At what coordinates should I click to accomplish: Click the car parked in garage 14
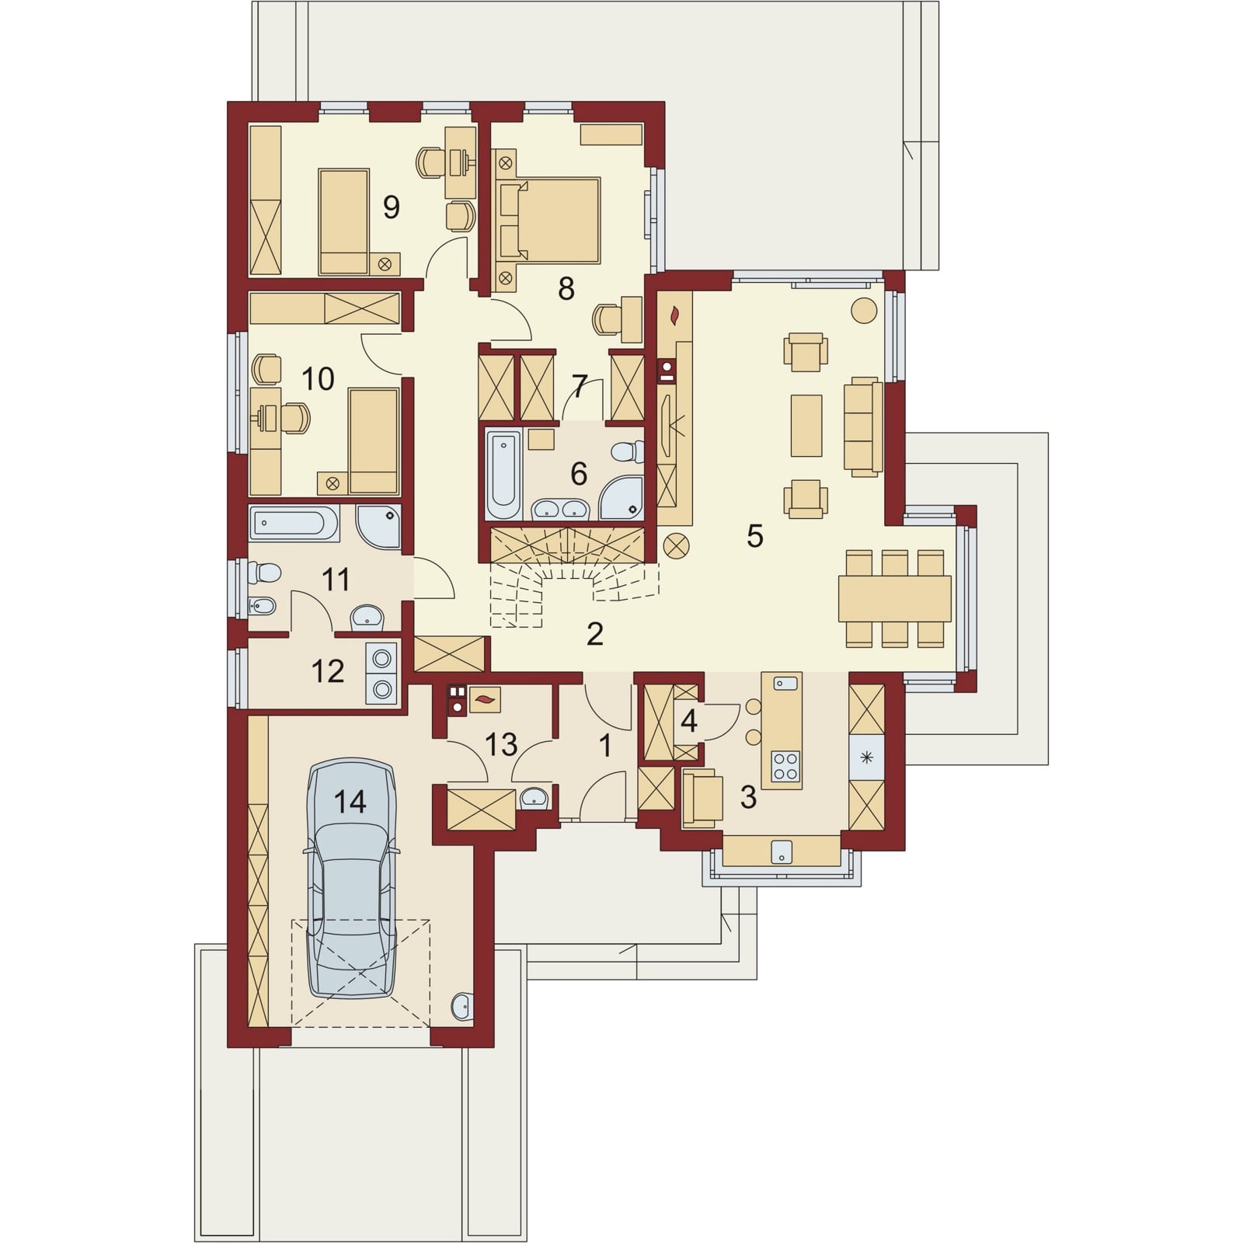(x=352, y=879)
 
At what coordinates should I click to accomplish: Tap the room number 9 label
(x=391, y=207)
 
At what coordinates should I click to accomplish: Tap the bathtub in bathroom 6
(x=503, y=475)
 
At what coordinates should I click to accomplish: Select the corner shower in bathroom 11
(x=379, y=527)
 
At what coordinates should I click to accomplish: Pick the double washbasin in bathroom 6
(x=561, y=509)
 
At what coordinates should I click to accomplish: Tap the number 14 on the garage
(x=350, y=801)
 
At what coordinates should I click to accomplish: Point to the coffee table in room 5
(x=806, y=425)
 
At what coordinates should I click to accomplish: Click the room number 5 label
(x=755, y=536)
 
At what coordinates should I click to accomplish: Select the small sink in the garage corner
(x=461, y=1005)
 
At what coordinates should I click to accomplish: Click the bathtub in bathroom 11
(x=294, y=524)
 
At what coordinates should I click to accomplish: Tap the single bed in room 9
(x=343, y=221)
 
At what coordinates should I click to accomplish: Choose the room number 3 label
(x=748, y=796)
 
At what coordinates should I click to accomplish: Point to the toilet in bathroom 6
(x=626, y=451)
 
